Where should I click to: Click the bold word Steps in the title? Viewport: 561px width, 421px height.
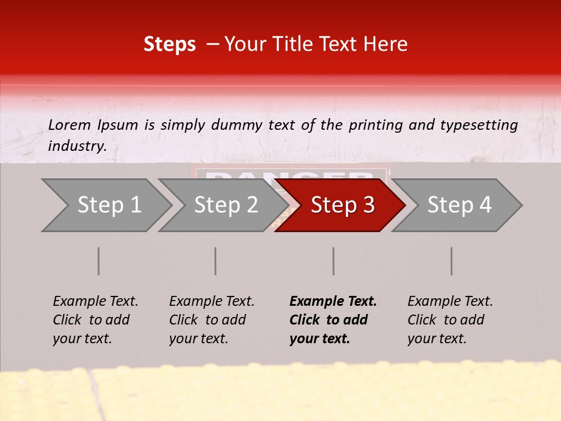169,44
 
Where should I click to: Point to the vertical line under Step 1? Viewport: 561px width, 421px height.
99,261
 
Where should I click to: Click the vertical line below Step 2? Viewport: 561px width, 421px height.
216,261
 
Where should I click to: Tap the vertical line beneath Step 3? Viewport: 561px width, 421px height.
334,261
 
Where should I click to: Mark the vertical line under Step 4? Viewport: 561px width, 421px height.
452,261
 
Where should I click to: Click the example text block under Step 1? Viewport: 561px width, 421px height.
95,320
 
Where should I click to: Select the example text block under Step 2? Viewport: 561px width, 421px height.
212,320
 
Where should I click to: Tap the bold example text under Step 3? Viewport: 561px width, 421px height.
333,320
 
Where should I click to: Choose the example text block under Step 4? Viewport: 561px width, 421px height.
450,320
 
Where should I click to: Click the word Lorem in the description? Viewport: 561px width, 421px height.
70,125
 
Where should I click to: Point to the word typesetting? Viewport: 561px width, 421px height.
482,125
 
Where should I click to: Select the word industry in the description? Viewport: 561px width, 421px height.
77,146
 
